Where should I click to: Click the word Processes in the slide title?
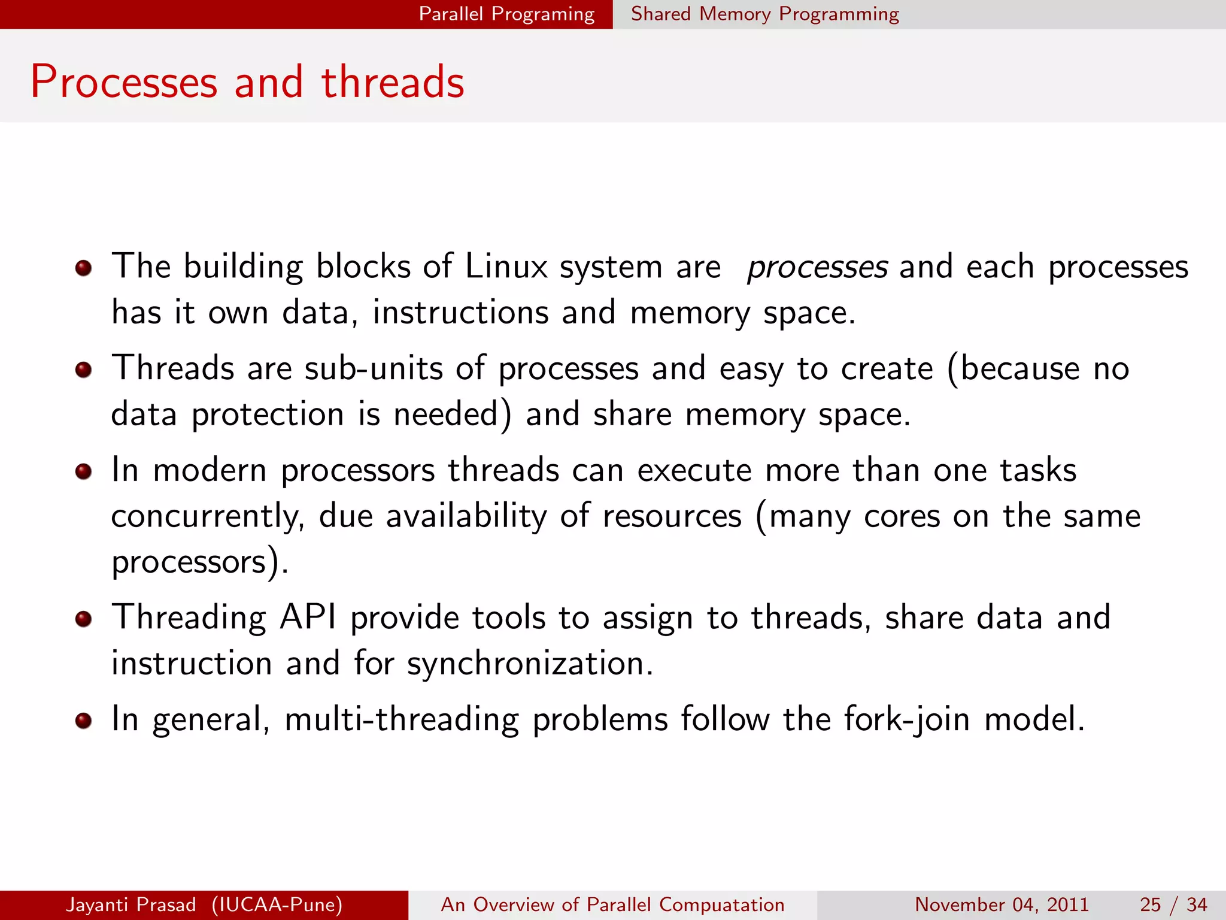[124, 81]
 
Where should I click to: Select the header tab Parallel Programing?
[506, 14]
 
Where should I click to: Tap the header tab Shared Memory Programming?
[764, 14]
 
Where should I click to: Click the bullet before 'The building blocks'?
[84, 268]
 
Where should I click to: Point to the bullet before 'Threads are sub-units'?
[84, 370]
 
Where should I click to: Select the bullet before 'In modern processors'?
[84, 471]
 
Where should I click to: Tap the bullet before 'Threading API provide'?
[84, 619]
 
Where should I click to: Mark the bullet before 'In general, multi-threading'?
[84, 720]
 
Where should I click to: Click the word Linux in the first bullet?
[506, 266]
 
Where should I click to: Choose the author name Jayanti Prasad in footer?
[131, 904]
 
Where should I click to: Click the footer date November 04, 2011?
[1002, 904]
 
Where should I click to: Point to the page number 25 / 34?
[1173, 904]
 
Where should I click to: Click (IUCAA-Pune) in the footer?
[277, 904]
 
